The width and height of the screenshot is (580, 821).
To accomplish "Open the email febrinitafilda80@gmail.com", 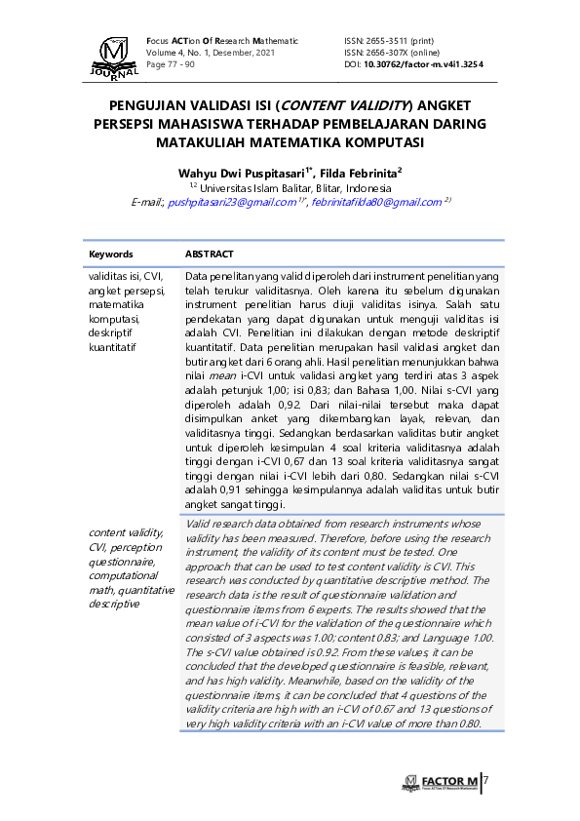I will pos(376,202).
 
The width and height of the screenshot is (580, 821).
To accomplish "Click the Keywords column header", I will pos(110,254).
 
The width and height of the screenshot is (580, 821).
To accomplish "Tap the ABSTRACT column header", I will pos(209,254).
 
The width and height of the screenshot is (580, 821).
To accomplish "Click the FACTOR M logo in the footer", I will pos(440,782).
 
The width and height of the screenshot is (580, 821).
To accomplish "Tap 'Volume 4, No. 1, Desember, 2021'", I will pos(211,53).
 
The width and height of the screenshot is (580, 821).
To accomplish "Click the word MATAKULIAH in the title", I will pos(208,141).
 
